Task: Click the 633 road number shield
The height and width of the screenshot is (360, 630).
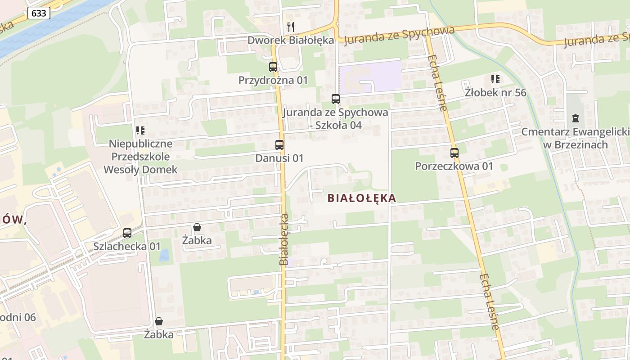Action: tap(39, 13)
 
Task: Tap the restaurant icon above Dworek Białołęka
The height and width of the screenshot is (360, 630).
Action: tap(291, 27)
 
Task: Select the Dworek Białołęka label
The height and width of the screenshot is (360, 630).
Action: tap(291, 40)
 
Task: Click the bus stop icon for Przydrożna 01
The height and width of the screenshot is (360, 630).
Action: tap(273, 67)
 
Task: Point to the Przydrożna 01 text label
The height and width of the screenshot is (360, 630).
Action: tap(273, 80)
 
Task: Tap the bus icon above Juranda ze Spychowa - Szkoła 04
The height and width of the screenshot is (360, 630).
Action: tap(335, 99)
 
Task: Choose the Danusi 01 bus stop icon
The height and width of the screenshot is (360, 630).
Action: tap(279, 145)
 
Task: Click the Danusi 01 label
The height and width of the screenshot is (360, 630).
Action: tap(279, 158)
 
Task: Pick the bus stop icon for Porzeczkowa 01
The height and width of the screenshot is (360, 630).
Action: tap(454, 153)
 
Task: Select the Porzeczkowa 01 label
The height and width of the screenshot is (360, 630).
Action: tap(454, 166)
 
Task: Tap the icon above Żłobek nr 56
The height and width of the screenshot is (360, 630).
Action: tap(495, 80)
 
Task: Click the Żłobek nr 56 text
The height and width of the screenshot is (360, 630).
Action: tap(495, 93)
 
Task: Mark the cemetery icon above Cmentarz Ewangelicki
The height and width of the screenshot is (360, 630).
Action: tap(575, 118)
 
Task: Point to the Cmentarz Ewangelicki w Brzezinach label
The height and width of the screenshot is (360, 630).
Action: tap(575, 138)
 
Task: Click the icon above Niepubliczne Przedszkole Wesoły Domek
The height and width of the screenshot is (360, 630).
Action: tap(140, 130)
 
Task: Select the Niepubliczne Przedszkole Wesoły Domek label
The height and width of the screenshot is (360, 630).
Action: tap(140, 157)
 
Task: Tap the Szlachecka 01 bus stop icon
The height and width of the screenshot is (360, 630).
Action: tap(127, 233)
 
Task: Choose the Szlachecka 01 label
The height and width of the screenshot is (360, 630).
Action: tap(127, 246)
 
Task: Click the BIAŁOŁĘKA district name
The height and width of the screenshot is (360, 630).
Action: tap(362, 198)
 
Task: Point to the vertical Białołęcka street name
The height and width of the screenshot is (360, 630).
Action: tap(284, 239)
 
